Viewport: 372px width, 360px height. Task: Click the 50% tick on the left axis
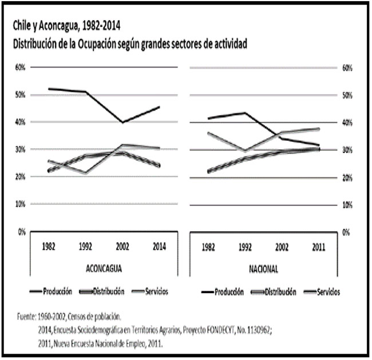[21, 94]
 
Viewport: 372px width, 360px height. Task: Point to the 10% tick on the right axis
[347, 205]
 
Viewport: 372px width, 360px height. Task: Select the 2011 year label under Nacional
[319, 247]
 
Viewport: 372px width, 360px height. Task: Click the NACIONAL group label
[264, 269]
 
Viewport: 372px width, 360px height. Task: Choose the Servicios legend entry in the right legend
[327, 291]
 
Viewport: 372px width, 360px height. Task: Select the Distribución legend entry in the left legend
[107, 291]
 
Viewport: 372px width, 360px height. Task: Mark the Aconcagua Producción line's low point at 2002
[122, 122]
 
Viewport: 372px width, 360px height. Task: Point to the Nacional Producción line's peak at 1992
[246, 113]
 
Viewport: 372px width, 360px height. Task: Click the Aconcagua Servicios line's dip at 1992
[85, 173]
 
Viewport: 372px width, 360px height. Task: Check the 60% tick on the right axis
[347, 68]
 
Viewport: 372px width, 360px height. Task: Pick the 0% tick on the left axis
[22, 232]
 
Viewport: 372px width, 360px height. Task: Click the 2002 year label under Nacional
[282, 247]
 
